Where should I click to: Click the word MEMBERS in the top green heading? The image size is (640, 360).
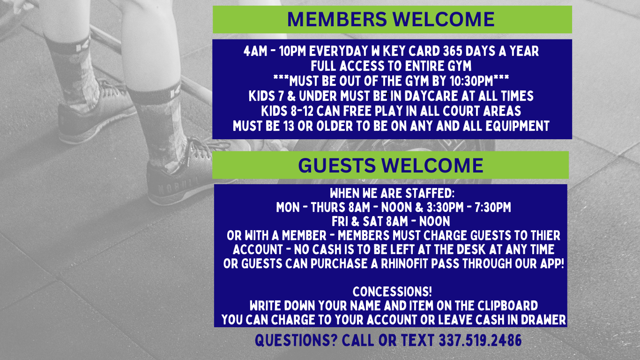point(337,19)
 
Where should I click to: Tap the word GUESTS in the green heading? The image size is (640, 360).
point(337,165)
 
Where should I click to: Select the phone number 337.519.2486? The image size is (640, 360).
point(480,340)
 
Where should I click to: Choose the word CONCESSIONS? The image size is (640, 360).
point(392,292)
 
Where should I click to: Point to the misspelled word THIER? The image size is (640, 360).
point(546,236)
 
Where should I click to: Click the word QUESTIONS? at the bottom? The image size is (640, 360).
point(296,340)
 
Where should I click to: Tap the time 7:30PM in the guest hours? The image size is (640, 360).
point(493,208)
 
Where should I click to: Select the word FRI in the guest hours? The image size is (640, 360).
point(339,222)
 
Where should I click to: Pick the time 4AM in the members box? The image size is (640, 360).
point(255,52)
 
